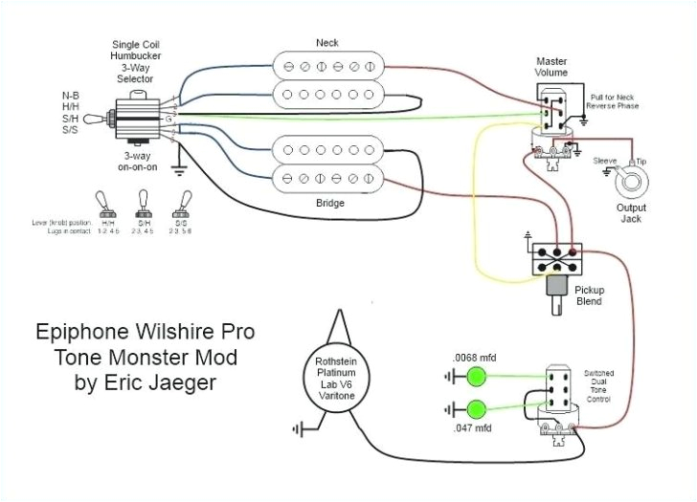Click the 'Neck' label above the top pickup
tap(327, 43)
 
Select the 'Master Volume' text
tap(551, 68)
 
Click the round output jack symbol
tap(630, 179)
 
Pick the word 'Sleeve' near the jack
tap(605, 161)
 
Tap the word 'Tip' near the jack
tap(641, 161)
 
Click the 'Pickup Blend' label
tap(588, 295)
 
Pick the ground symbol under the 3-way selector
tap(177, 171)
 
